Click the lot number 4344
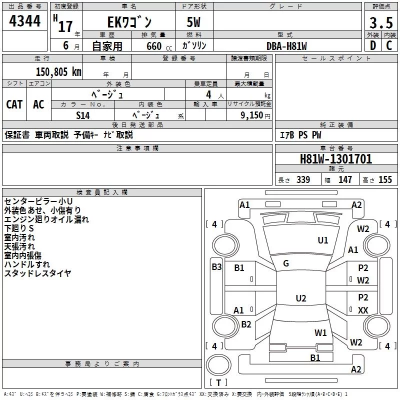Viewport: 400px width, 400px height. [24, 21]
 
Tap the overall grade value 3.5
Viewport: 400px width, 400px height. [381, 22]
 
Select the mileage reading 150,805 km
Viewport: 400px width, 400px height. [58, 72]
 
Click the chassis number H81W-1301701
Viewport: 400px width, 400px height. [336, 159]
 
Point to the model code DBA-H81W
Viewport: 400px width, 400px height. [286, 46]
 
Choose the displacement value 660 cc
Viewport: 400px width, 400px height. [159, 46]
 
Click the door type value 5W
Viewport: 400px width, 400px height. [193, 22]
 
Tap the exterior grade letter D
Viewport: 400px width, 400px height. [373, 45]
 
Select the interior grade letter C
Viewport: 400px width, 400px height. [389, 45]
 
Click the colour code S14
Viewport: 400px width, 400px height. [83, 115]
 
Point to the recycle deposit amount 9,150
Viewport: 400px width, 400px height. [252, 115]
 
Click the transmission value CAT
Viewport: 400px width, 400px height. [14, 104]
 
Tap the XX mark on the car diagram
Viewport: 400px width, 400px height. [363, 310]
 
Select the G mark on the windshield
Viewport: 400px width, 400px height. [286, 263]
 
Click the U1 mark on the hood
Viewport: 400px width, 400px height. [323, 240]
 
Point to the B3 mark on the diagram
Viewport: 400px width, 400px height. [217, 267]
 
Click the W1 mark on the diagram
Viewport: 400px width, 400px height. [320, 332]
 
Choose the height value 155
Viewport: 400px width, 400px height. [385, 179]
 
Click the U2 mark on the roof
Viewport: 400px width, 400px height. [301, 298]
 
